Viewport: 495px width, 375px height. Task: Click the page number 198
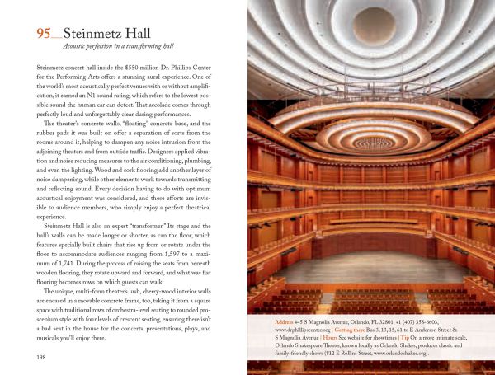(42, 356)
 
